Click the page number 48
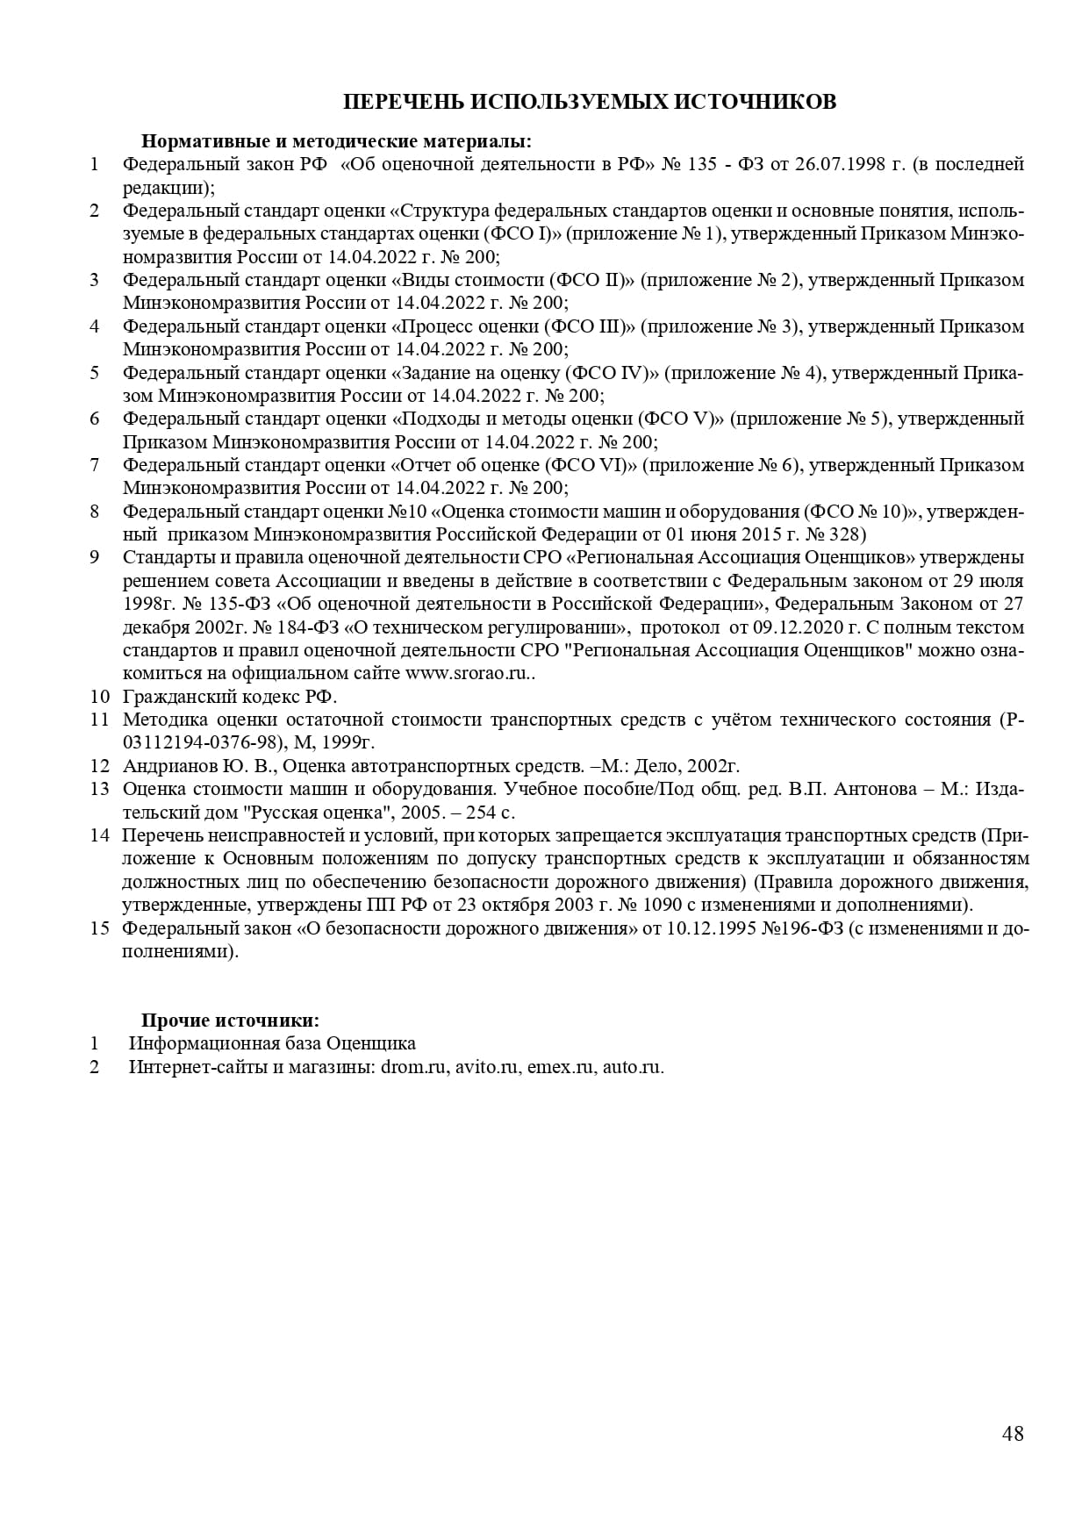tap(1012, 1434)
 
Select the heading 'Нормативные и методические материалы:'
tap(336, 141)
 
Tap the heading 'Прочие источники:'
tap(230, 1021)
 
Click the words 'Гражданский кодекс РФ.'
tap(230, 697)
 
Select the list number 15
tap(98, 928)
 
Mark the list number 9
tap(95, 557)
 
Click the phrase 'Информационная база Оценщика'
tap(272, 1043)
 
